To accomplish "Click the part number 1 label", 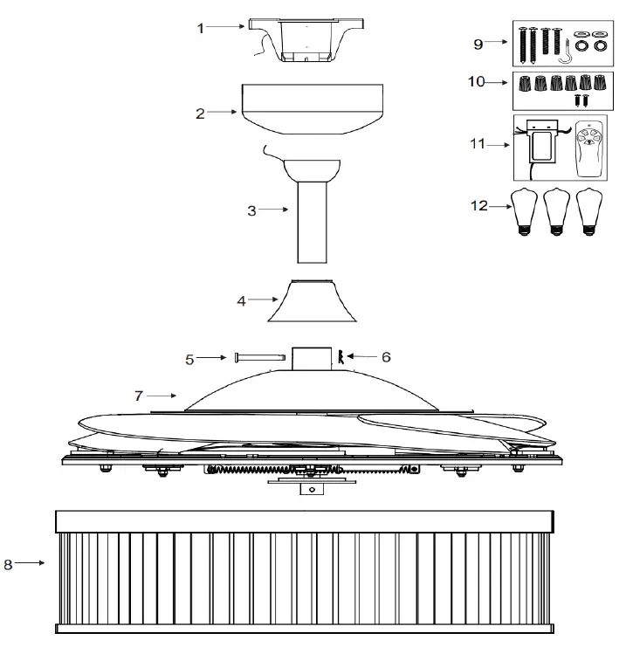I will point(200,28).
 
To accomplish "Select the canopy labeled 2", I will point(310,107).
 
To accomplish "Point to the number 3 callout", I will point(251,210).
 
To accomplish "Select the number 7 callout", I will point(139,396).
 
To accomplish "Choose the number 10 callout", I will point(476,82).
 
